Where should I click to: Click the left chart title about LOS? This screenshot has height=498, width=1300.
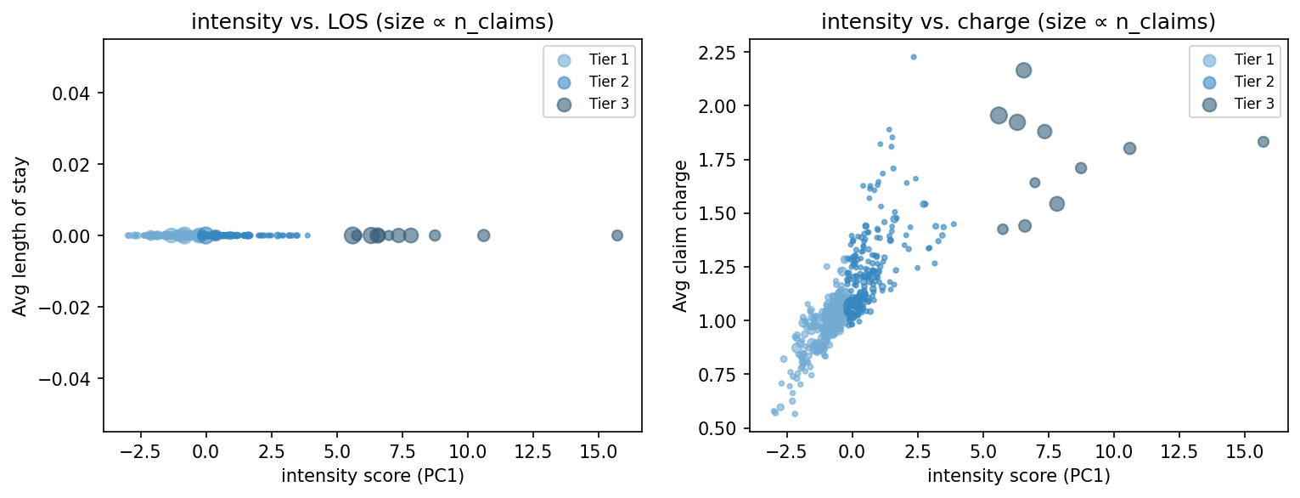[372, 23]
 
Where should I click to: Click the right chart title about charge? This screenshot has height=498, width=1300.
[1018, 23]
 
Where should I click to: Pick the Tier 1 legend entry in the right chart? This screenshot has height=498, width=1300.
[1253, 59]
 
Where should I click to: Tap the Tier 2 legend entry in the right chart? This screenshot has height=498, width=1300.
[1253, 82]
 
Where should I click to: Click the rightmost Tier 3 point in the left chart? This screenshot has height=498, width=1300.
[617, 235]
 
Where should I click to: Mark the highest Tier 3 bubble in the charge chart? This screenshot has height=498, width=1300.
[1023, 71]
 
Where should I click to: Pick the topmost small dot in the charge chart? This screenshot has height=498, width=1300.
[914, 57]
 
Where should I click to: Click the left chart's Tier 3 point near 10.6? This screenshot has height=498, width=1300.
[483, 235]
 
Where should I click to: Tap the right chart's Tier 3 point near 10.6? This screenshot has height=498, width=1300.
[1129, 148]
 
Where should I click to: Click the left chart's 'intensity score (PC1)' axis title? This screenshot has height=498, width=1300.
[372, 477]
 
